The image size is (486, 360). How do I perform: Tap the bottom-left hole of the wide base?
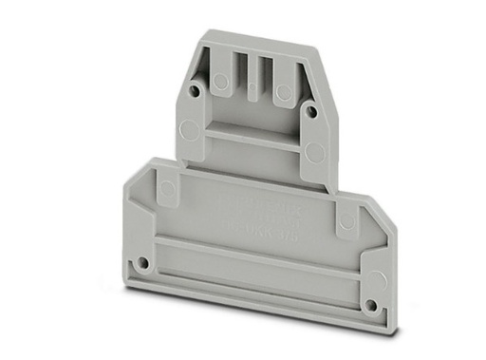pos(142,258)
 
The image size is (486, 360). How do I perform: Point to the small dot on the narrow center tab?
pos(252,90)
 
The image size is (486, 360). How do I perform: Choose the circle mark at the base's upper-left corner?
pos(168,188)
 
